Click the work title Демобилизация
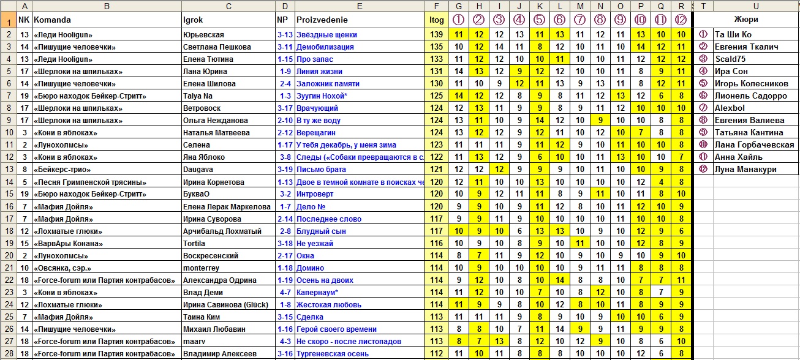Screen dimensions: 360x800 [x=325, y=47]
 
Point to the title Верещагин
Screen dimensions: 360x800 [x=317, y=133]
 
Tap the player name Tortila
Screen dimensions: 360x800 [x=195, y=243]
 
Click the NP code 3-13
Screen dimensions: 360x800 [x=284, y=35]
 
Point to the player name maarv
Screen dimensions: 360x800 [x=194, y=342]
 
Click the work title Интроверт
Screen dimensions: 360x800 [x=315, y=194]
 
